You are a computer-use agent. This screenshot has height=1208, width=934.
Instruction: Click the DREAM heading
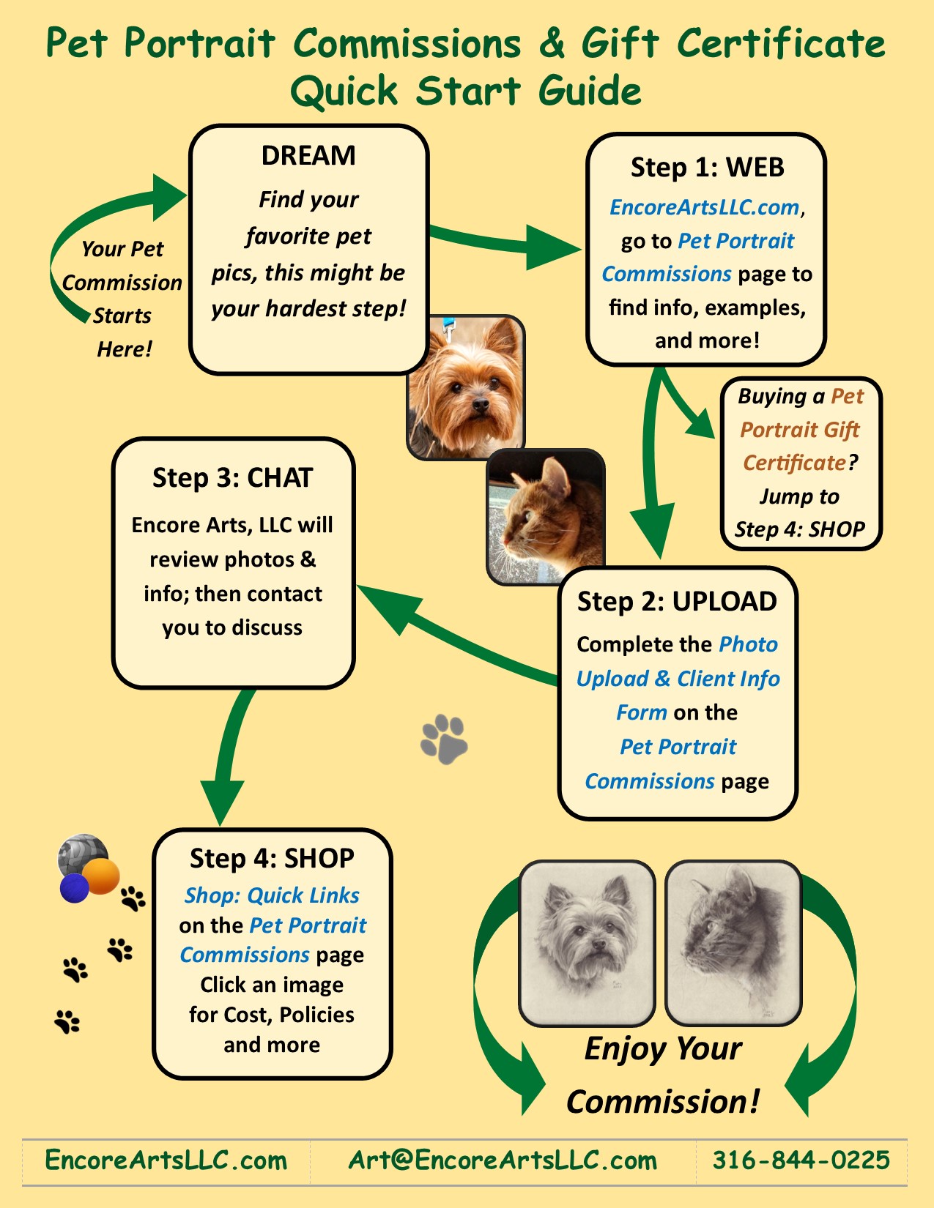point(308,156)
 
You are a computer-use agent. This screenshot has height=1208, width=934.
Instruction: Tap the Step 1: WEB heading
point(707,168)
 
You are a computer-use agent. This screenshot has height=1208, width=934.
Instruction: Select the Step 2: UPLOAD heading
point(677,602)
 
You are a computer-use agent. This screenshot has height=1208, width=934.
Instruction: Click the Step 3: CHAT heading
point(232,478)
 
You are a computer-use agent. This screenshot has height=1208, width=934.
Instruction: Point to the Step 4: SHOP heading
point(272,858)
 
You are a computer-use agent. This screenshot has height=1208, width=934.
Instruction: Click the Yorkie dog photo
point(466,386)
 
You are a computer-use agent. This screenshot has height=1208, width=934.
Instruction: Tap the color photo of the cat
point(545,516)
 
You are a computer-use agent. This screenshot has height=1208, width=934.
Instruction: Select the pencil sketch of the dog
point(587,942)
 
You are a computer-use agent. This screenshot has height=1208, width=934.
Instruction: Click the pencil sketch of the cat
point(733,942)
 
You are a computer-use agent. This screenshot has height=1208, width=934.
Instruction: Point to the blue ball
point(74,888)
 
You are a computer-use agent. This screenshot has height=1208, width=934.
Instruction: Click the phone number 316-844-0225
point(801,1160)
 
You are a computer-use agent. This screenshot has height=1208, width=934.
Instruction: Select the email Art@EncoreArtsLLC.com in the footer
point(503,1160)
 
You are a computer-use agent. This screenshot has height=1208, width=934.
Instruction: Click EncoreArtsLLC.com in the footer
point(166,1160)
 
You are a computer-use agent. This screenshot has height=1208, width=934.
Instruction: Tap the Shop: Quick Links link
point(272,895)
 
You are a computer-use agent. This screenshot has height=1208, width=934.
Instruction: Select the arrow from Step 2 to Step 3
point(454,637)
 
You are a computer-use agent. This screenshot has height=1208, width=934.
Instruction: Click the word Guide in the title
point(590,92)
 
